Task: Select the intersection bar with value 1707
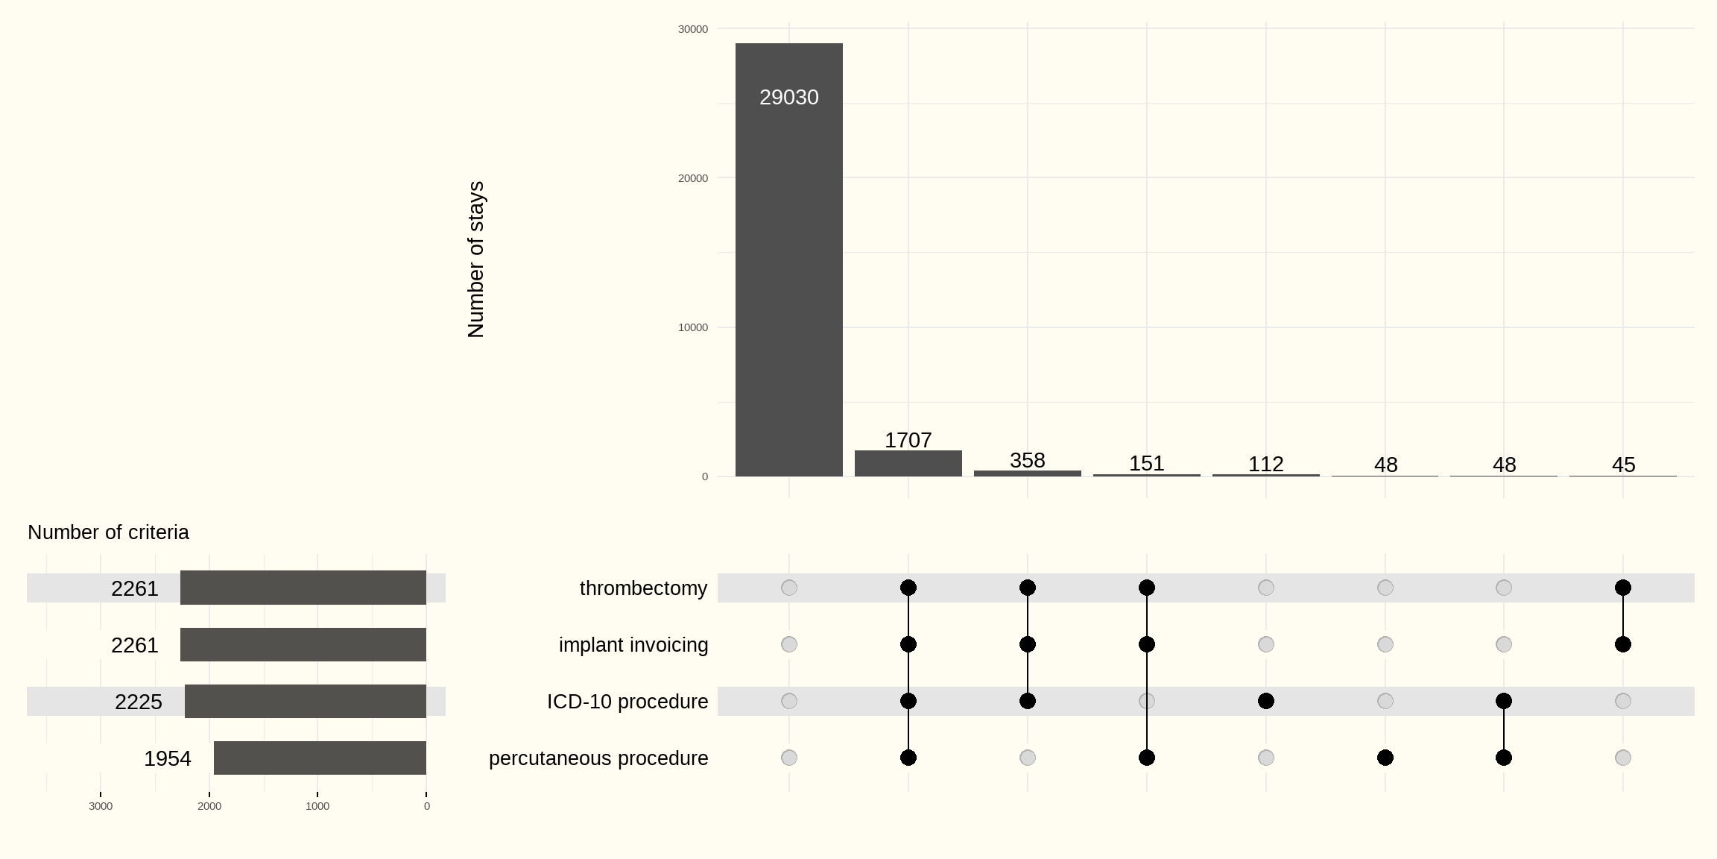pos(908,463)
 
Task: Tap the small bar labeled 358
pos(1027,473)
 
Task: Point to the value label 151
pos(1146,463)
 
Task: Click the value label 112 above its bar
pos(1265,464)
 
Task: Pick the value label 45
pos(1623,465)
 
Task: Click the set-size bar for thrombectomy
pos(303,588)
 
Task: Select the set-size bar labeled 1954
pos(320,758)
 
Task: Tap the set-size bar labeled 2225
pos(306,701)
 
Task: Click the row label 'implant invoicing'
pos(633,645)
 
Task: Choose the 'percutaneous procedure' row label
pos(598,758)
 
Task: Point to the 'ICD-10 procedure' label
pos(627,702)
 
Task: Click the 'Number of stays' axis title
pos(476,259)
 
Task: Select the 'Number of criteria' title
pos(108,532)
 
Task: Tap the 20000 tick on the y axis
pos(692,178)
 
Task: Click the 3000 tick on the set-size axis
pos(101,806)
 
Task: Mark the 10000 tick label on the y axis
pos(692,327)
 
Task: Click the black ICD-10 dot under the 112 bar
pos(1265,701)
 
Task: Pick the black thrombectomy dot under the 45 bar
pos(1623,588)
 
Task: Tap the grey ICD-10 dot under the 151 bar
pos(1146,701)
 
